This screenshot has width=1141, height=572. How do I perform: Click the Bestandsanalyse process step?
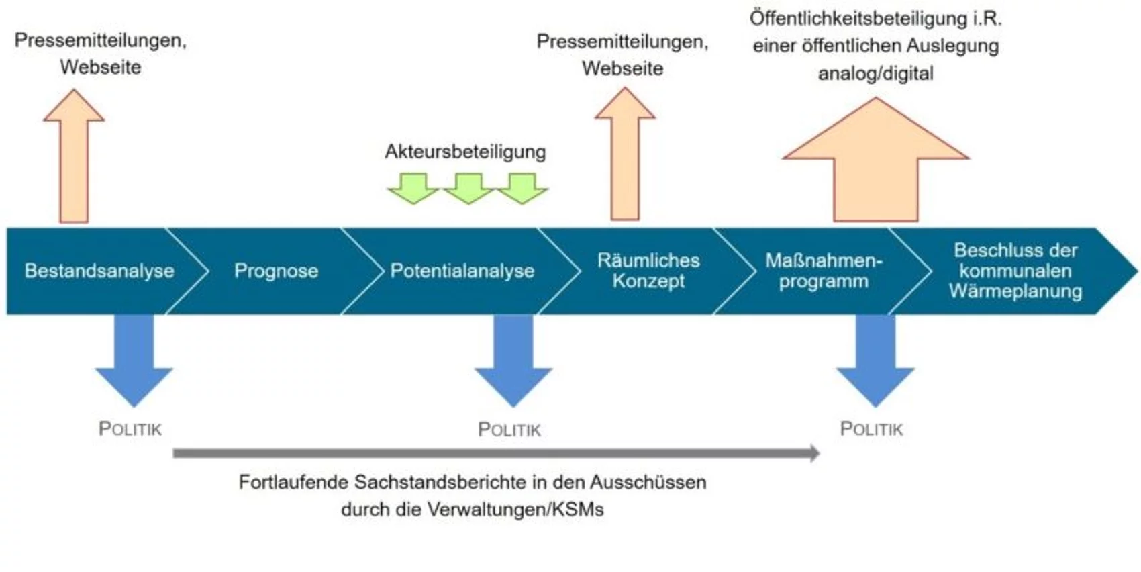(x=99, y=271)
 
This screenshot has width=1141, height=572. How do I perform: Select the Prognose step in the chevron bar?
(x=276, y=271)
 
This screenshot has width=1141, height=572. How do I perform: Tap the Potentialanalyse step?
(x=462, y=271)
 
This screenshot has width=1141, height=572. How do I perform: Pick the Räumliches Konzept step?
(x=648, y=271)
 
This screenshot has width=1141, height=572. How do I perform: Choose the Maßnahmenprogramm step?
(x=824, y=271)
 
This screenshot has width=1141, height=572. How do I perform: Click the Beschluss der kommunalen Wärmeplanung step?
(x=1015, y=271)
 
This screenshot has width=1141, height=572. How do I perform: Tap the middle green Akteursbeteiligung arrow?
(x=468, y=187)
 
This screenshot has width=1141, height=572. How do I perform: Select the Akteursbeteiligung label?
(x=465, y=152)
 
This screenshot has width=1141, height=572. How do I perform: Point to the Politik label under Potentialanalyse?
(x=509, y=430)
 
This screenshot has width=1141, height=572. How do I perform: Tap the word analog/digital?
(x=875, y=73)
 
